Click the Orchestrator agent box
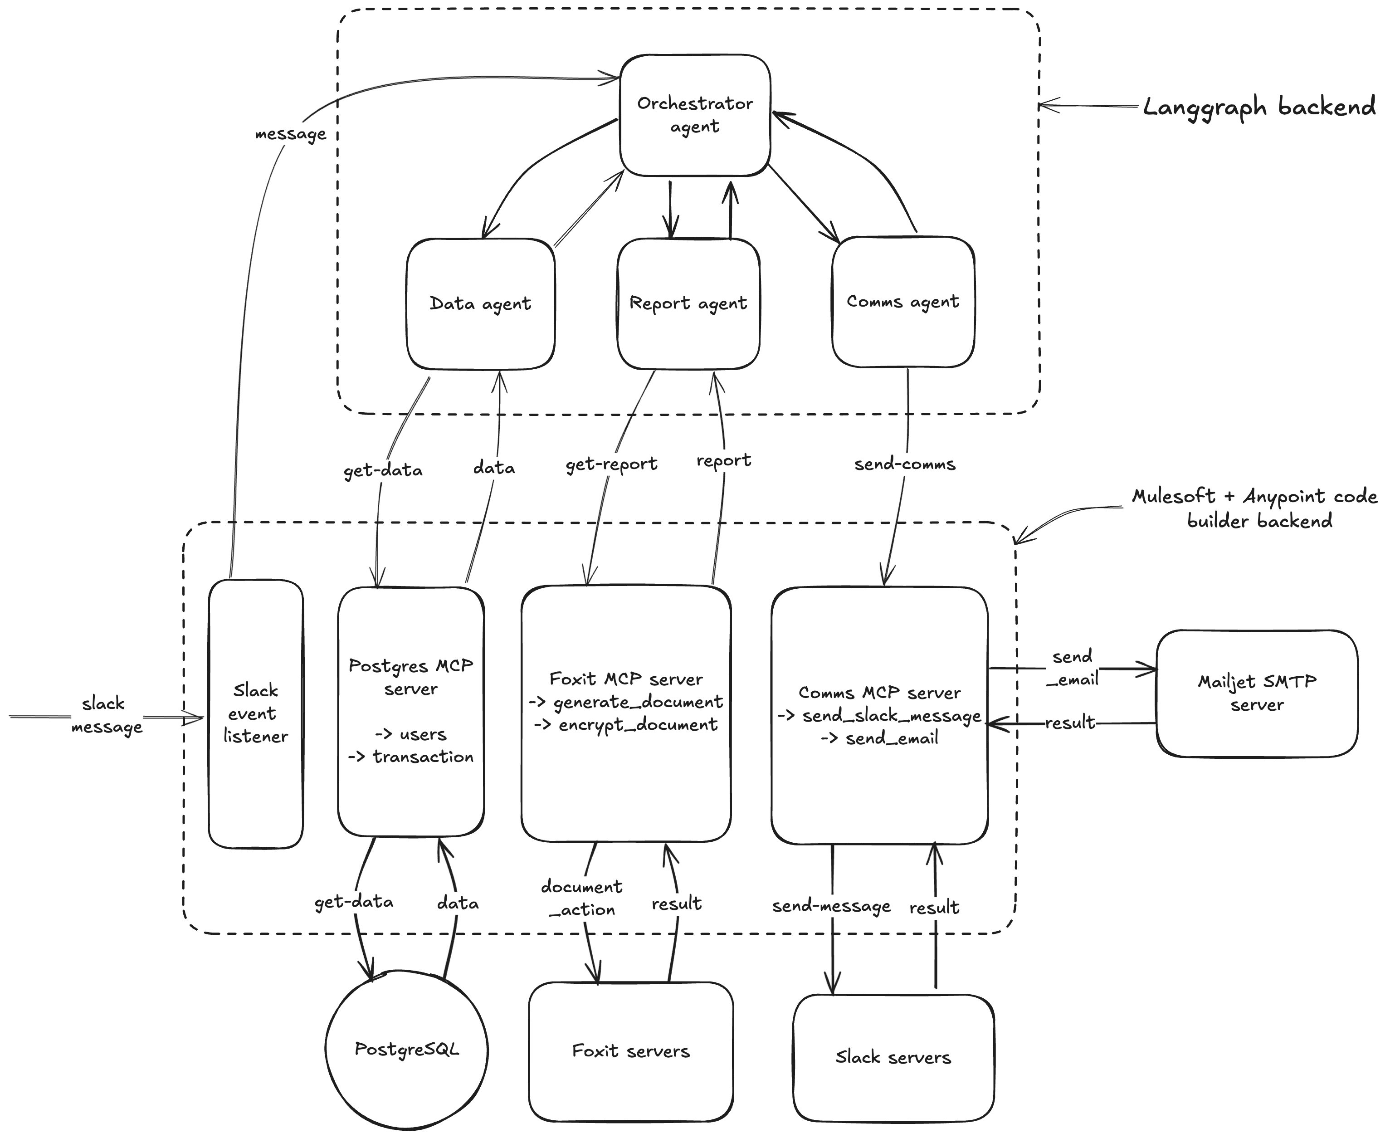pos(695,115)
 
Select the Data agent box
pos(481,303)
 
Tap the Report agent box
pos(688,303)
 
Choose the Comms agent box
pos(902,302)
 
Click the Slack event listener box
pos(256,713)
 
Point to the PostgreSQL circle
pos(406,1049)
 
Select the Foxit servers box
pos(631,1051)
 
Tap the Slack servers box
pos(893,1057)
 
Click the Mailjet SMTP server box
pos(1257,693)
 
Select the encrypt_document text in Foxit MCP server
pos(637,725)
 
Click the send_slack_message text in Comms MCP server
pos(892,716)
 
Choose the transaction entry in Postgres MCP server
pos(422,757)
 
